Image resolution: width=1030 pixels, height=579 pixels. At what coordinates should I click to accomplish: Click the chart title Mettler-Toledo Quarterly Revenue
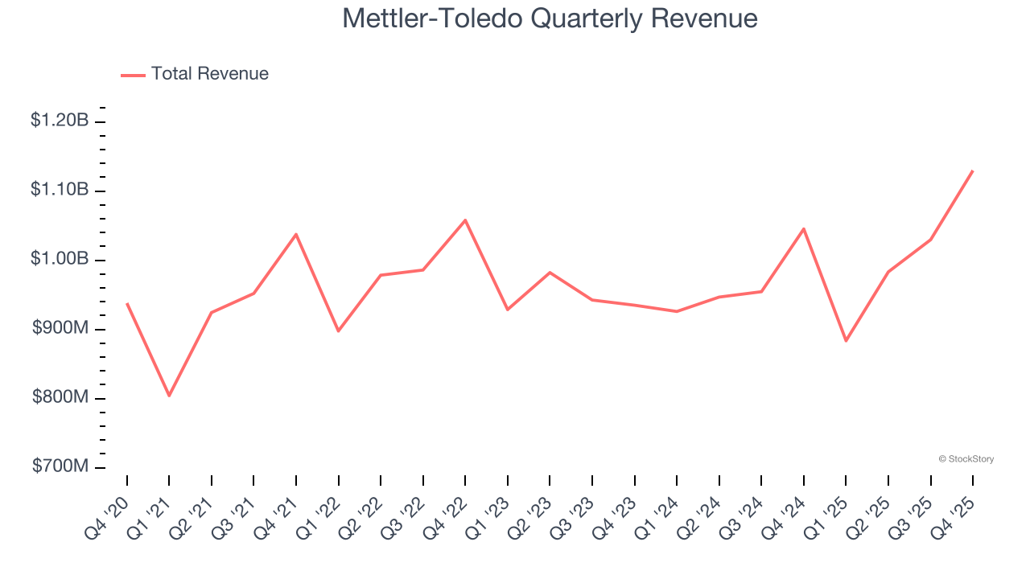tap(550, 18)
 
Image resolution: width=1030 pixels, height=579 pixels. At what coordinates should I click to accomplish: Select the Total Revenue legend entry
tap(195, 74)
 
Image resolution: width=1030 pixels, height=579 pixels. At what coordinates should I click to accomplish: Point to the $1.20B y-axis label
tap(60, 121)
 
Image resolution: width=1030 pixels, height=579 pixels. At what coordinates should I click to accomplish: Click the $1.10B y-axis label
tap(60, 190)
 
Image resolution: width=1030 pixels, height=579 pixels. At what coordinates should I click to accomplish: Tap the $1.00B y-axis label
tap(60, 259)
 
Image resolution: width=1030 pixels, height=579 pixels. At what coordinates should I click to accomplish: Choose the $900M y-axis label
tap(60, 329)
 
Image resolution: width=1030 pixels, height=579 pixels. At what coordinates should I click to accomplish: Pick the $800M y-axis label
tap(60, 398)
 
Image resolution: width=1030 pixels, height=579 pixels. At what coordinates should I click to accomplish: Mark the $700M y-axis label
tap(60, 467)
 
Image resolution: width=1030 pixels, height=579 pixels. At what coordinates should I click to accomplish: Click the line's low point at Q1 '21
tap(169, 396)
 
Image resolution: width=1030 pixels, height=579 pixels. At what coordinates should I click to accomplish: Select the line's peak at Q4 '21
tap(296, 234)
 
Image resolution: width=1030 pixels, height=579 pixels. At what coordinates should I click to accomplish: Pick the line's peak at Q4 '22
tap(465, 220)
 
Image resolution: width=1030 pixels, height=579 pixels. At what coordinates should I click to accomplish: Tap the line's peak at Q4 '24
tap(803, 228)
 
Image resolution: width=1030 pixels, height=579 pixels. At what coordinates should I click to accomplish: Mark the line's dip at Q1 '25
tap(846, 341)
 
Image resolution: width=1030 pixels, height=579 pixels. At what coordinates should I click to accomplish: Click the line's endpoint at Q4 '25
tap(973, 170)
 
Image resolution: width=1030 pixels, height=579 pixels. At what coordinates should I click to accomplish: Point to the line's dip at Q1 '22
tap(338, 331)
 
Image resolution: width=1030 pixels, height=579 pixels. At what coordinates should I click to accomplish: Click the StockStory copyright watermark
tap(966, 459)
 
